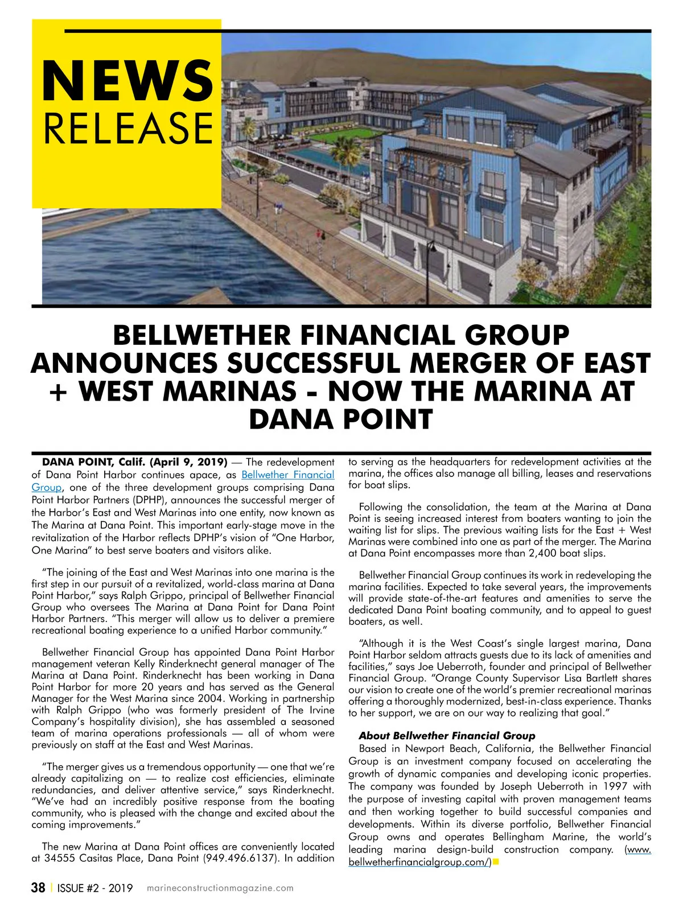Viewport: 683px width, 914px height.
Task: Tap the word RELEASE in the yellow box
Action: tap(128, 128)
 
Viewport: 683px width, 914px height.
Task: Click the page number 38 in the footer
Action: tap(38, 888)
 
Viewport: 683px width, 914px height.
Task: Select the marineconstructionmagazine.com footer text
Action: tap(220, 888)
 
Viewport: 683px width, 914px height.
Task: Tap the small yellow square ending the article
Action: tap(496, 862)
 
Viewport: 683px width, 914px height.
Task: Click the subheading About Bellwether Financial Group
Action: tap(447, 736)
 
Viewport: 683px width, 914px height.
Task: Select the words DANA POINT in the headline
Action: tap(341, 419)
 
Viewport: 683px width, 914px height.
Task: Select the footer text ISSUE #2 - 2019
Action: tap(95, 888)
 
